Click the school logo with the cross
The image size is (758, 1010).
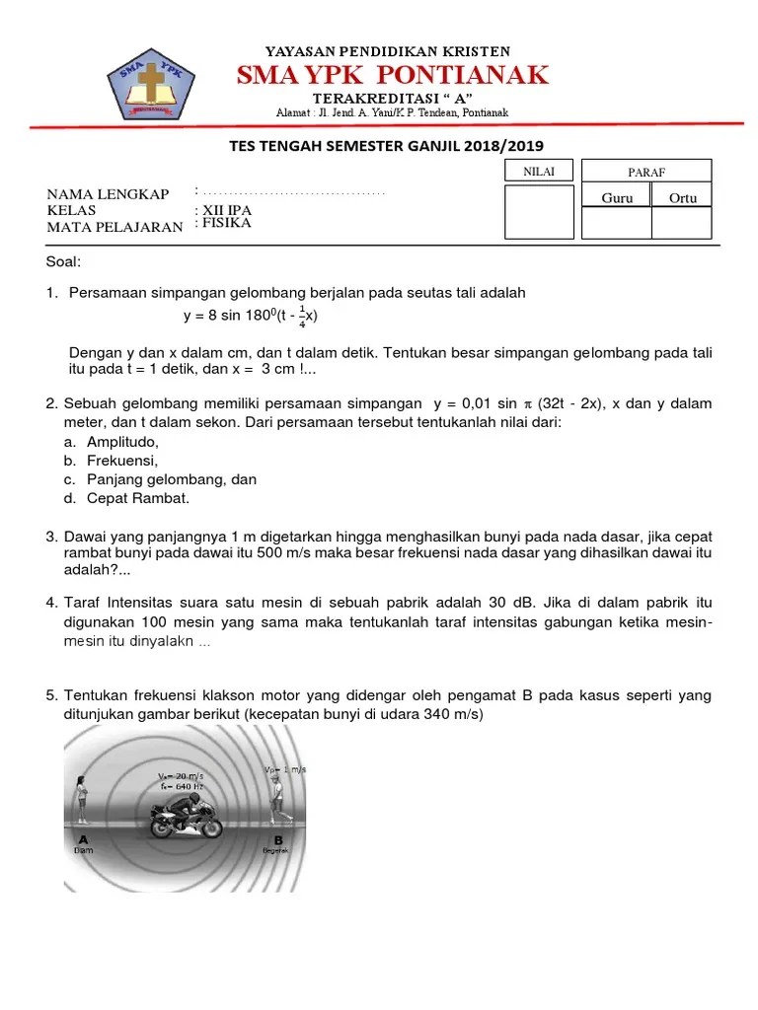pyautogui.click(x=151, y=83)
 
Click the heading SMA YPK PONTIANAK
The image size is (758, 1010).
pyautogui.click(x=392, y=75)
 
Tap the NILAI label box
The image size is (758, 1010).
pyautogui.click(x=539, y=172)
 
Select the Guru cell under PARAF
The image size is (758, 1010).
pyautogui.click(x=617, y=197)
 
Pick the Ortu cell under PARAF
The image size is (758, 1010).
pyautogui.click(x=682, y=197)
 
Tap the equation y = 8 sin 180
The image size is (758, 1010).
pyautogui.click(x=251, y=316)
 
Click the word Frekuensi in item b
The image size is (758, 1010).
pyautogui.click(x=121, y=460)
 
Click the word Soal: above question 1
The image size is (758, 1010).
pyautogui.click(x=64, y=261)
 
